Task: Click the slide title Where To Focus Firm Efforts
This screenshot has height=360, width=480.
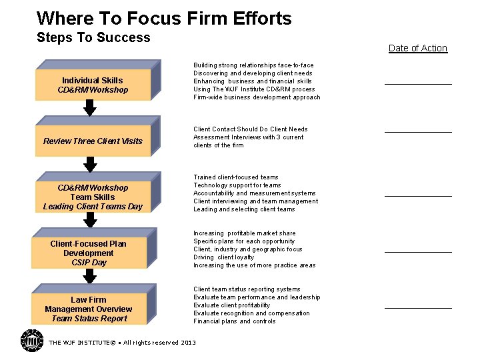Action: point(164,18)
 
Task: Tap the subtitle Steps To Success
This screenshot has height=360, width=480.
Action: point(93,37)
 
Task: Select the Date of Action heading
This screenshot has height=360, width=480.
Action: point(417,48)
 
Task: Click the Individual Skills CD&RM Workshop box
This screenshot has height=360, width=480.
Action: point(93,85)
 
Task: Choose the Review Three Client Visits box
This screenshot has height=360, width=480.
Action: point(93,141)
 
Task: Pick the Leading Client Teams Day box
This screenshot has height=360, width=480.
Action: point(93,197)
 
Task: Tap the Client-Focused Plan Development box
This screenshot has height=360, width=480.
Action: point(89,253)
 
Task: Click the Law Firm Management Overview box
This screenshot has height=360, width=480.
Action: point(89,309)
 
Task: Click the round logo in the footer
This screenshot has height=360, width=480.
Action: point(31,341)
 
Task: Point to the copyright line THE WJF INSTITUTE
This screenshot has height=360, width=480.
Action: point(123,343)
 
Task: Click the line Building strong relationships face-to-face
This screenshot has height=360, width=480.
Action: point(253,65)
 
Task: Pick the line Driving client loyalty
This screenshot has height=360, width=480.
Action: point(224,257)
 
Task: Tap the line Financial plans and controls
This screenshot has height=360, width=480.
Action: point(234,321)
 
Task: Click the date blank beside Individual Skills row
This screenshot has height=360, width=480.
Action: point(418,83)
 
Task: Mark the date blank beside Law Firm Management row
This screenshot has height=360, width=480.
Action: point(418,307)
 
